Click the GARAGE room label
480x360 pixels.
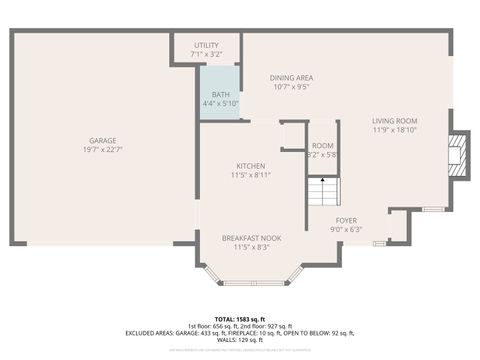coord(103,140)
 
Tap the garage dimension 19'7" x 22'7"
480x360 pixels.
coord(103,150)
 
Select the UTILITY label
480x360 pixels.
coord(206,45)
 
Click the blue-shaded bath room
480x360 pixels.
coord(220,92)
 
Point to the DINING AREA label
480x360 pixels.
coord(292,77)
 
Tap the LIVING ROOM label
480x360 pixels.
coord(394,120)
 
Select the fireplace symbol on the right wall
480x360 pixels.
coord(457,155)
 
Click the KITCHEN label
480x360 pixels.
coord(250,165)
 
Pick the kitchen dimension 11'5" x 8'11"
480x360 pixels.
coord(250,175)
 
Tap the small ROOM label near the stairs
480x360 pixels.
coord(322,146)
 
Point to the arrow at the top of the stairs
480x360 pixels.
coord(322,178)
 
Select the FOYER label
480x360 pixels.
coord(346,220)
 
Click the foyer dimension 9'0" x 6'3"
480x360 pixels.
coord(346,230)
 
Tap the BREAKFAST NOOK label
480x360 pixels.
coord(250,237)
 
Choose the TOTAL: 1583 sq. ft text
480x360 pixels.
coord(241,313)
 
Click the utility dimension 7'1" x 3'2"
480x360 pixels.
coord(206,54)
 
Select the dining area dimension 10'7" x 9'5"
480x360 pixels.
coord(292,87)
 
